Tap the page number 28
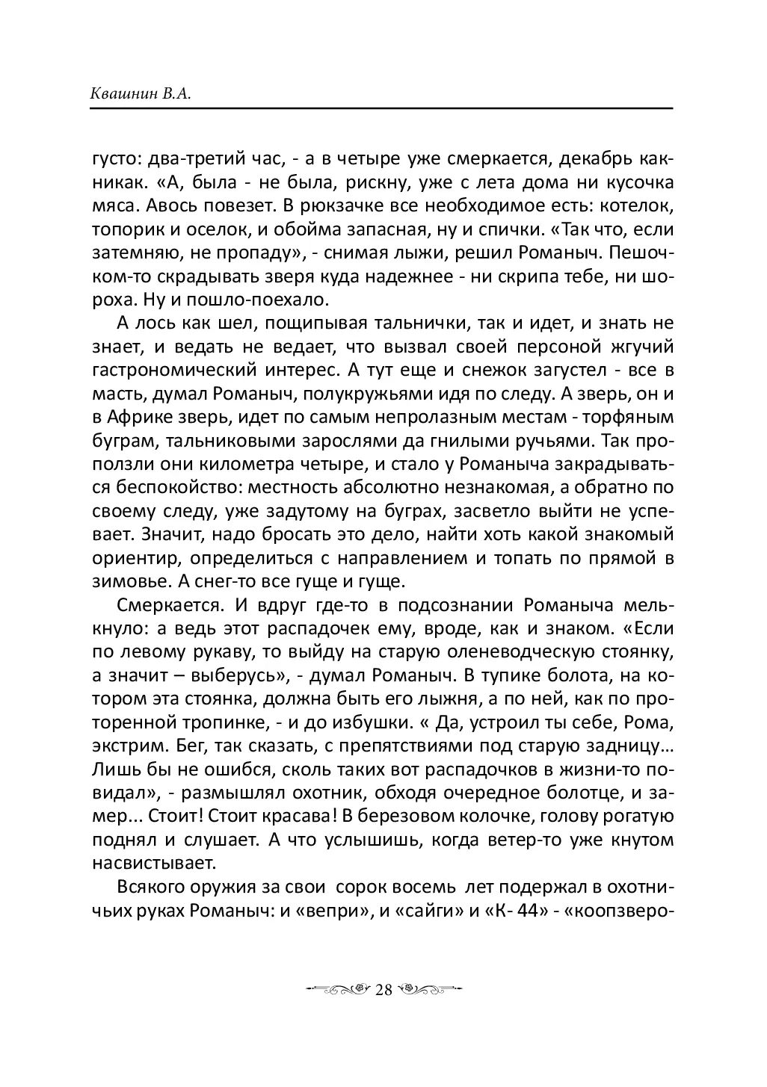point(383,990)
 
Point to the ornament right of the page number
point(429,990)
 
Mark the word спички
point(451,229)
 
